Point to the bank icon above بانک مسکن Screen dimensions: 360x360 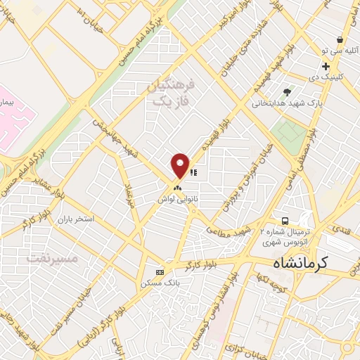160,272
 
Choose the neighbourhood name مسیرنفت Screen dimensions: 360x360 53,257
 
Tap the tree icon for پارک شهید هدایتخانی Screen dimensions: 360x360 286,92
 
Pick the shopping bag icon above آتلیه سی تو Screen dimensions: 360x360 340,40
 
